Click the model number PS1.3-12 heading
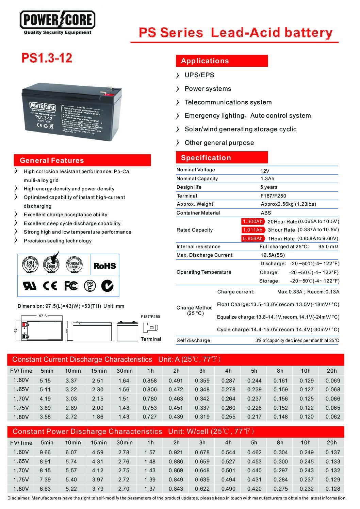(47, 58)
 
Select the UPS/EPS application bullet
(199, 75)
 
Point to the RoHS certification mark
(104, 266)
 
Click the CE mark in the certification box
(50, 286)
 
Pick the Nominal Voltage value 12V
(265, 171)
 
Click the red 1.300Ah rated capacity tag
(252, 221)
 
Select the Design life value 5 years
(268, 187)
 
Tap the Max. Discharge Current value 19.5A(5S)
(273, 255)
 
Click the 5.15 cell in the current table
(45, 380)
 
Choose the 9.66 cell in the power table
(45, 452)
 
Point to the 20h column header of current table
(331, 371)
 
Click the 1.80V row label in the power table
(21, 489)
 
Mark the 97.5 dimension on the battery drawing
(43, 316)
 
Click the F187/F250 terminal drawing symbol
(150, 328)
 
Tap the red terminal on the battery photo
(106, 92)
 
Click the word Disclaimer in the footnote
(19, 498)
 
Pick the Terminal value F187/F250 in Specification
(273, 196)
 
